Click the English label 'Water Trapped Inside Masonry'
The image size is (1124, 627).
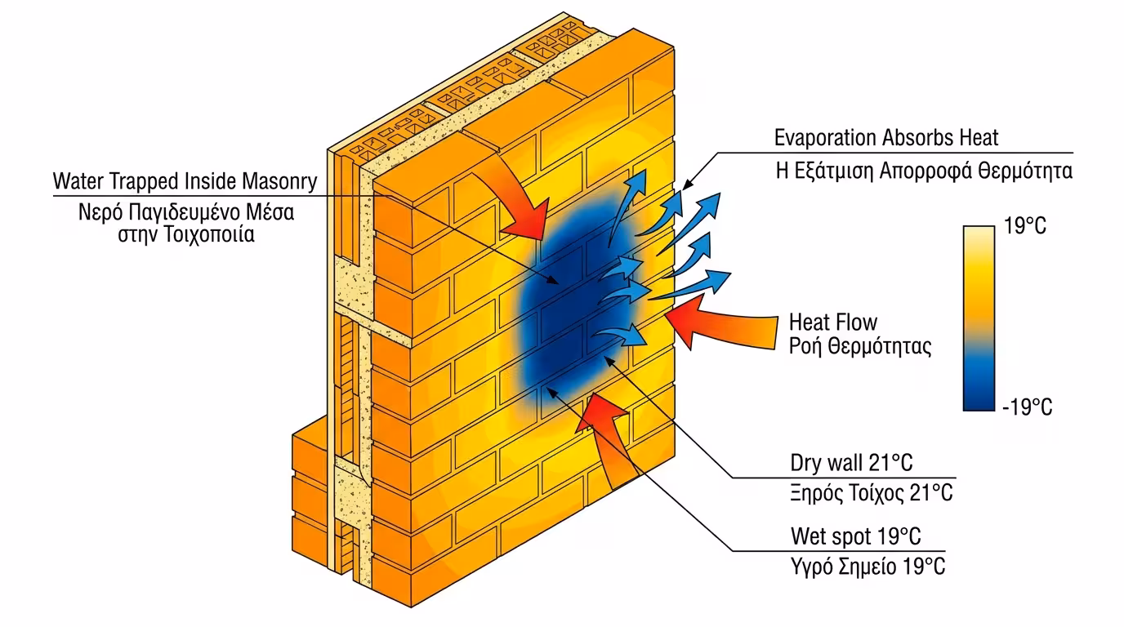point(185,180)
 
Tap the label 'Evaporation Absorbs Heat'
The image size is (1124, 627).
point(886,137)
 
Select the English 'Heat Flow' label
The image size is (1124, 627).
point(833,322)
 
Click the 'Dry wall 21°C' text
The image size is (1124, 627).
point(851,463)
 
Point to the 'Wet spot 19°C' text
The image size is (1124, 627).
point(855,536)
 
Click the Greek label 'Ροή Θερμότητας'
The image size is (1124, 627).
point(859,346)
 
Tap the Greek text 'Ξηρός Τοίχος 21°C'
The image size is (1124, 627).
point(871,493)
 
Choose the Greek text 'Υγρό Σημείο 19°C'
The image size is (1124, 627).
point(868,566)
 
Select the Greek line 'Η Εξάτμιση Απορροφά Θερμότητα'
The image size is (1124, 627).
point(923,171)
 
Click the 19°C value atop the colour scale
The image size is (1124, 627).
point(1024,226)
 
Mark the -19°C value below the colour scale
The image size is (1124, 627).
point(1027,407)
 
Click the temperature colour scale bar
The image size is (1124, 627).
point(979,318)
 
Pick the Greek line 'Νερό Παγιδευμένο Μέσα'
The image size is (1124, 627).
point(186,212)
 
